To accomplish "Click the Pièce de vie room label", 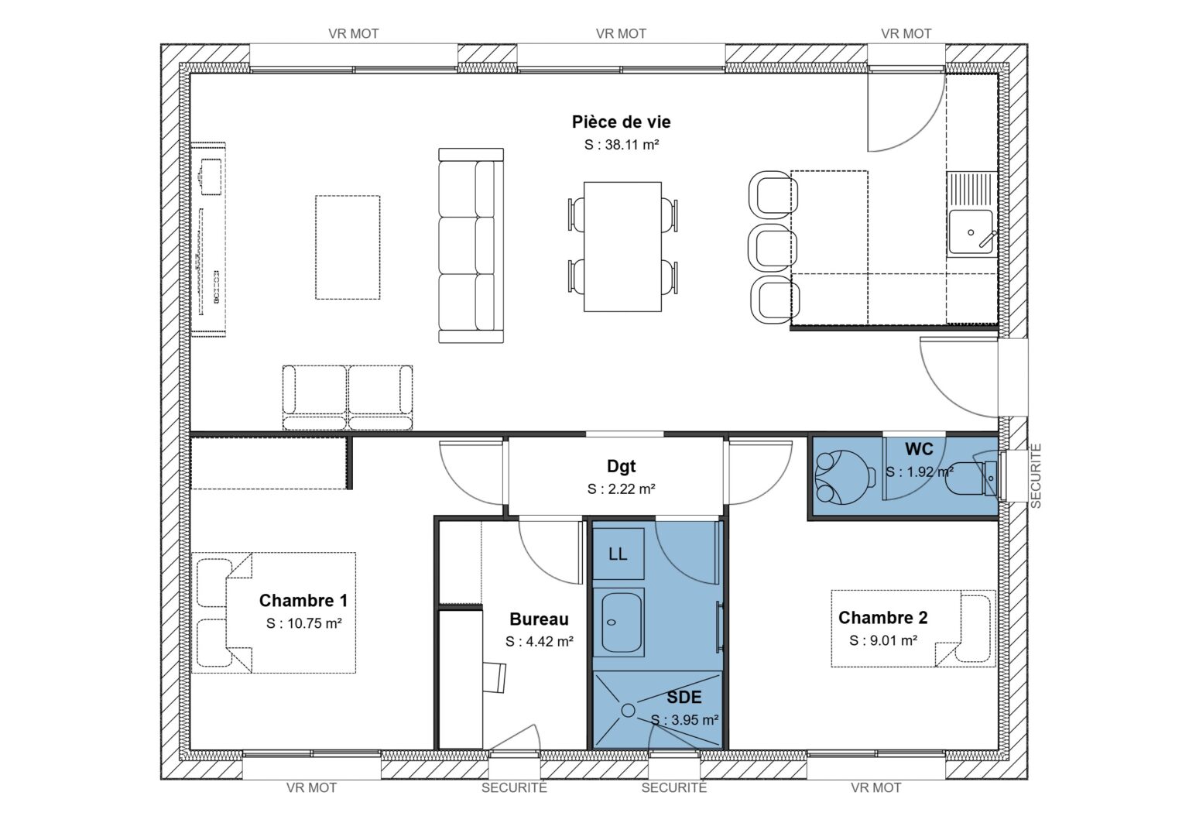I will (621, 122).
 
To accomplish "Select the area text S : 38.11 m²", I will (621, 145).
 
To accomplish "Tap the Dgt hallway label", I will (621, 466).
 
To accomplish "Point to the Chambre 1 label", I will (303, 601).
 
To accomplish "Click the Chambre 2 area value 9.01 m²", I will (883, 640).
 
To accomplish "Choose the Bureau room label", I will (539, 619).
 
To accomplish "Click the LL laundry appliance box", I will (618, 554).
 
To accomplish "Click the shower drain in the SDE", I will (628, 710).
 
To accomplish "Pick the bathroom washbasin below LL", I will (622, 622).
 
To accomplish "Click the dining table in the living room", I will (622, 246).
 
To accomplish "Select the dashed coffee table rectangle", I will (348, 247).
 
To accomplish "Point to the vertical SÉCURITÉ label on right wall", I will (1036, 475).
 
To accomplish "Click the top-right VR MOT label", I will (906, 34).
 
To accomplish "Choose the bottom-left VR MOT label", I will (311, 787).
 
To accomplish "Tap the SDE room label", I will (684, 698).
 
